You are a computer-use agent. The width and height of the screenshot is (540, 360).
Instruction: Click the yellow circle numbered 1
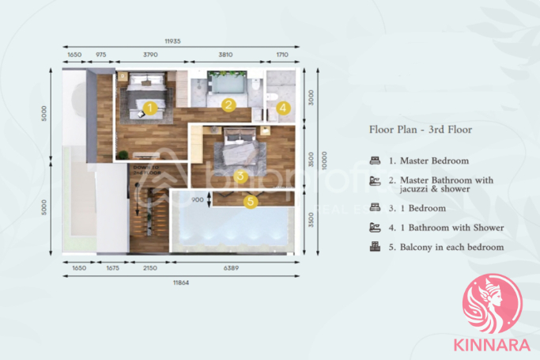coord(150,106)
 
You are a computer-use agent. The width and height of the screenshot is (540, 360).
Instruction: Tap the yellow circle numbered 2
coord(228,104)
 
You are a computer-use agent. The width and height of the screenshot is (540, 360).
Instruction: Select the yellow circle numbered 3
coord(240,177)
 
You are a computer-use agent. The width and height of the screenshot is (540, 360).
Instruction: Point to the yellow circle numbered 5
coord(251,202)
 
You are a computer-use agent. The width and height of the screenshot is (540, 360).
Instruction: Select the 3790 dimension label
coord(150,55)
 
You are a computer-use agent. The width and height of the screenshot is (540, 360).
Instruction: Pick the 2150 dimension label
coord(149,268)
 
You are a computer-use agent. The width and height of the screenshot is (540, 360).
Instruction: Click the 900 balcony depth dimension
coord(197,200)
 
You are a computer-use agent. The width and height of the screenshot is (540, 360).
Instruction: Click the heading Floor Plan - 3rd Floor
coord(421,128)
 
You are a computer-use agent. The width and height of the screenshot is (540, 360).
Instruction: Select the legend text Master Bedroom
coord(433,161)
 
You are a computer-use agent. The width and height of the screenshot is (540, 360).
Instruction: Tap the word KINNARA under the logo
coord(493,346)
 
